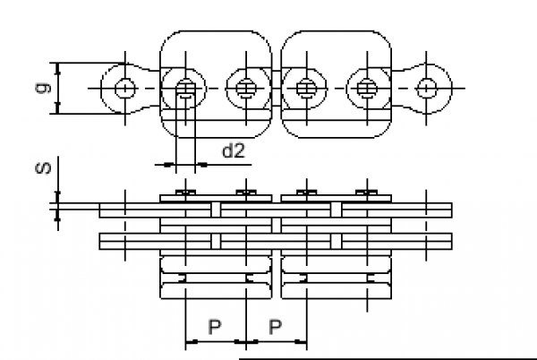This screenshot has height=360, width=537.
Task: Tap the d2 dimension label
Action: [233, 150]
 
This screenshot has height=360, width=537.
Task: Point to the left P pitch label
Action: [214, 325]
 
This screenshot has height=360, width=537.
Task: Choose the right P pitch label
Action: [276, 325]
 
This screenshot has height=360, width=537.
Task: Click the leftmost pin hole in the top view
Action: [124, 88]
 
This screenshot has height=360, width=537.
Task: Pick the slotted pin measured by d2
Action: [184, 88]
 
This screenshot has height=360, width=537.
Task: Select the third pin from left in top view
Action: [244, 88]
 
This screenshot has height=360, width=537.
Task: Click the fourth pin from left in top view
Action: [306, 88]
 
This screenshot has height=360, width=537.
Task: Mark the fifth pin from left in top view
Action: [365, 88]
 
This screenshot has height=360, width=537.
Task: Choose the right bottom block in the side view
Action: [337, 278]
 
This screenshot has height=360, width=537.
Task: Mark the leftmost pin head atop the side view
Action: [184, 193]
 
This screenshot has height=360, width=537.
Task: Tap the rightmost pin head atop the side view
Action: [365, 193]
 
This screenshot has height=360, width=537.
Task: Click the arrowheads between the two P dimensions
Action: [245, 342]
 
